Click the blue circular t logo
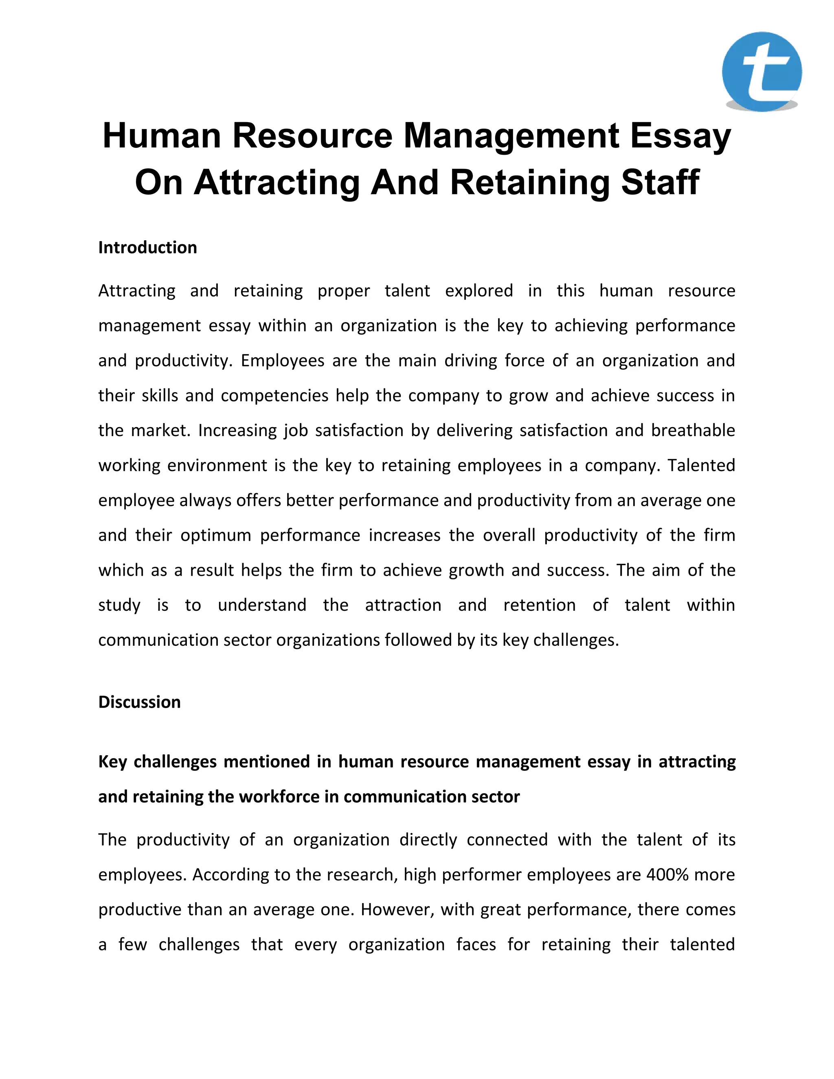[x=762, y=71]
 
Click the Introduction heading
[x=147, y=248]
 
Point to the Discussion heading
[x=139, y=702]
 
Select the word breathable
[x=693, y=430]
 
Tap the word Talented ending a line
[x=701, y=465]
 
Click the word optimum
[x=215, y=535]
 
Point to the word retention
[x=539, y=605]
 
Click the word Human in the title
[x=162, y=136]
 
